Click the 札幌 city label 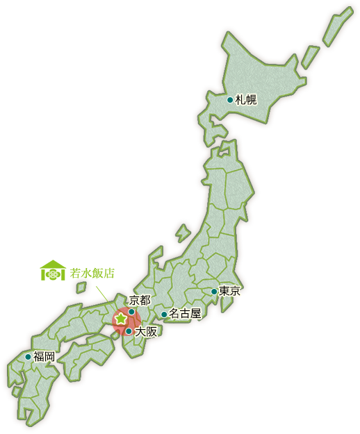246,99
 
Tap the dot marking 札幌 230,99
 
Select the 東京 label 229,291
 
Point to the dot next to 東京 214,292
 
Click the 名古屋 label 185,314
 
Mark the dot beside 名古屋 164,315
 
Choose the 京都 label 139,300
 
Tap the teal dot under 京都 131,312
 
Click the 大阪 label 146,331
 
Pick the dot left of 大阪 129,331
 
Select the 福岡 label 44,356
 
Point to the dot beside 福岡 28,357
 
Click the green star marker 120,318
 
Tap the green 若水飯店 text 92,273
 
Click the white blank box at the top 97,26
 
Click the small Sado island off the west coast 183,232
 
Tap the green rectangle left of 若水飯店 54,270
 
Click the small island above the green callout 81,287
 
